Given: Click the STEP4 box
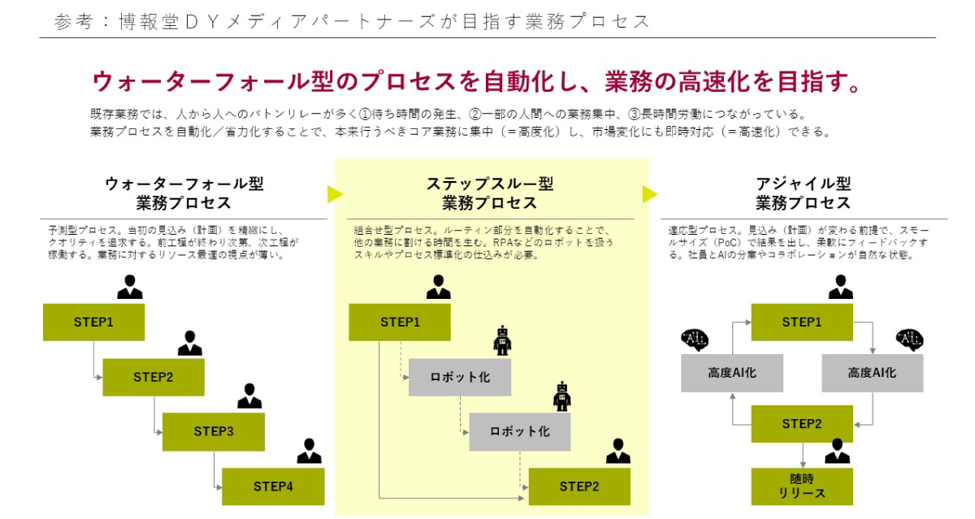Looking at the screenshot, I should click(x=273, y=487).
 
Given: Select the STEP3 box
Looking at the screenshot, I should click(x=214, y=431).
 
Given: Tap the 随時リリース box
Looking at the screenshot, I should click(x=802, y=487).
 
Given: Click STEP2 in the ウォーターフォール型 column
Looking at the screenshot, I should click(x=154, y=377).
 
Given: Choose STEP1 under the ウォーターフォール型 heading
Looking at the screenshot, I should click(x=93, y=322).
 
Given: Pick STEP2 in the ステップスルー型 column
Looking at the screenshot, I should click(x=579, y=487).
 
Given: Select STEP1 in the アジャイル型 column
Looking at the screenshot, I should click(x=802, y=322).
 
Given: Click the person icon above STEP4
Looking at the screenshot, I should click(x=309, y=452).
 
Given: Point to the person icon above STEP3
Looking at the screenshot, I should click(x=249, y=396).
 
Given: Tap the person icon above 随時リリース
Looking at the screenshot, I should click(x=837, y=452).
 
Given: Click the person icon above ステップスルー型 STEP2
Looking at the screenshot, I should click(x=617, y=452).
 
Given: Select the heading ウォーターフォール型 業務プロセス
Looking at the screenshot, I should click(x=184, y=193).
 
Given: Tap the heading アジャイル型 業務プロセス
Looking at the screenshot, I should click(x=804, y=193).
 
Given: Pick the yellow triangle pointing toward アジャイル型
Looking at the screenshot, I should click(x=649, y=194).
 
